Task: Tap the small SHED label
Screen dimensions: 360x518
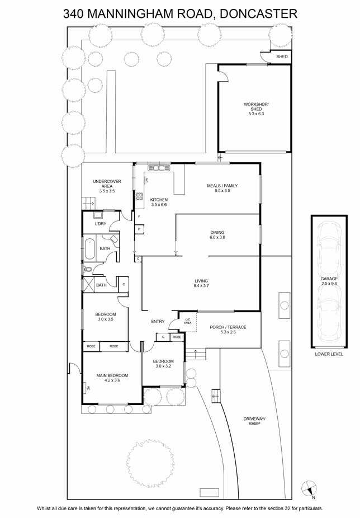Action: [x=282, y=57]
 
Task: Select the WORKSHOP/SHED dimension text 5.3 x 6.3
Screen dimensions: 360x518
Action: [x=256, y=114]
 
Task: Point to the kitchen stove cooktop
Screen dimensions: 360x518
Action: [x=139, y=196]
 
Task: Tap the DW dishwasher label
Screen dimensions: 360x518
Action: [x=146, y=180]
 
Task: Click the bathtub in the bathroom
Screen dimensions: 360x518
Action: [x=89, y=249]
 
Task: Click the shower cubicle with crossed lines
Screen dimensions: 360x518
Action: [x=88, y=285]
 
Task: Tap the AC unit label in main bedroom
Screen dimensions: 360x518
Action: [x=88, y=388]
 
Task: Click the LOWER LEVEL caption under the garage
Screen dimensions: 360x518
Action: [x=329, y=354]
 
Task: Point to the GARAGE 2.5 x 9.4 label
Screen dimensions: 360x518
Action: [x=329, y=281]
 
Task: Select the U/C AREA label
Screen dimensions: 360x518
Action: [x=188, y=321]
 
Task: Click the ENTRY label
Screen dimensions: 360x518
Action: [x=158, y=322]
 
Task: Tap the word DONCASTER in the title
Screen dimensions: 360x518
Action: [x=258, y=14]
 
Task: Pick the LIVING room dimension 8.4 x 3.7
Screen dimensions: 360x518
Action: [x=201, y=286]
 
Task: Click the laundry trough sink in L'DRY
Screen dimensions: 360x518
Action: [x=98, y=216]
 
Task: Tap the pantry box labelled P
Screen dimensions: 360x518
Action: [x=139, y=229]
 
